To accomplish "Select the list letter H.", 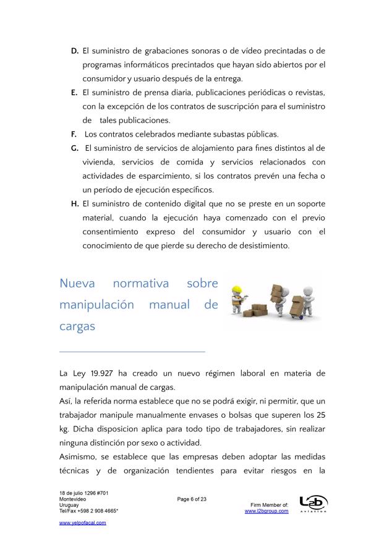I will coord(74,204).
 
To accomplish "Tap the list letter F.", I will coord(74,134).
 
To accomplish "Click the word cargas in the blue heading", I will coord(77,326).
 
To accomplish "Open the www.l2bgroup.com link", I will coord(267,511).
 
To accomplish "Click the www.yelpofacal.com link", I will coord(82,523).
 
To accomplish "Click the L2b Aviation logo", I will coord(313,504).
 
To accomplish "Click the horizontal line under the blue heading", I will coord(132,352).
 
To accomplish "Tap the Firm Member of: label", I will coord(270,505).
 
